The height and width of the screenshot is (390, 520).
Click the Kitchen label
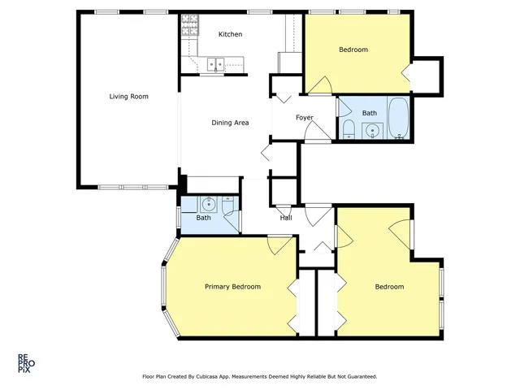click(230, 34)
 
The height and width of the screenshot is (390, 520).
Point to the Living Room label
click(129, 97)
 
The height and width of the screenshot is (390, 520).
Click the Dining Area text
click(230, 123)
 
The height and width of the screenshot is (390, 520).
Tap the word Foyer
click(304, 118)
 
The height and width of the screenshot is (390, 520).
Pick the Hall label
click(286, 218)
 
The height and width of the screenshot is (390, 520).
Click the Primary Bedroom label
click(232, 287)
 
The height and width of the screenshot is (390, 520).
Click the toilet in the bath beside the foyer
click(347, 129)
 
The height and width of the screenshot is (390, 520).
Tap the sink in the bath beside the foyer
click(372, 130)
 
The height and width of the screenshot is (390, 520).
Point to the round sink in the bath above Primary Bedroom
click(209, 204)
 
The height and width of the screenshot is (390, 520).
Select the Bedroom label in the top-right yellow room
click(353, 50)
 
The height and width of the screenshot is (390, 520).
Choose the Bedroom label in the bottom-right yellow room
click(389, 287)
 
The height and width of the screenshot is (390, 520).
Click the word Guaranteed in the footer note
click(361, 377)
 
